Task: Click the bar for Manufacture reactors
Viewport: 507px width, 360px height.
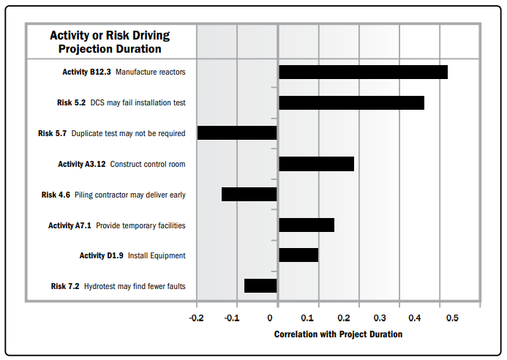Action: (363, 72)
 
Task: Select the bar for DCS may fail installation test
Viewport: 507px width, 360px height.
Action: (351, 102)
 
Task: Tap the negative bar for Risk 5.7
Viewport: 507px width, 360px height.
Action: (237, 133)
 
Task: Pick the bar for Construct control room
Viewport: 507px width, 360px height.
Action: (316, 164)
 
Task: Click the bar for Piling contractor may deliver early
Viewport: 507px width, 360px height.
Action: (249, 195)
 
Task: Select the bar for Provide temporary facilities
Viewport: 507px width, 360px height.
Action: (307, 225)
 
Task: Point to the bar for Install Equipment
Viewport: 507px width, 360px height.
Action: (298, 255)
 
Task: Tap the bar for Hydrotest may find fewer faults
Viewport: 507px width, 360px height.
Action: (260, 285)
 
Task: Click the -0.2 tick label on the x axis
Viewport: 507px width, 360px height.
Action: (196, 318)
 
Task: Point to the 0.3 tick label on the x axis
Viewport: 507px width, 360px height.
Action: (379, 318)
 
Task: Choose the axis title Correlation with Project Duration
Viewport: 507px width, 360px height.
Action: (338, 334)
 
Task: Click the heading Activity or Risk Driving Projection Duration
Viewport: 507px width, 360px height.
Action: (110, 42)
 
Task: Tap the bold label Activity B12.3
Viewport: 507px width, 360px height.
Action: (87, 72)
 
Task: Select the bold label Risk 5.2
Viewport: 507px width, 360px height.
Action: (71, 102)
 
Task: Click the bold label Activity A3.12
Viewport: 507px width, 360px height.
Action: (82, 164)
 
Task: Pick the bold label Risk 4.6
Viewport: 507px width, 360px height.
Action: (56, 195)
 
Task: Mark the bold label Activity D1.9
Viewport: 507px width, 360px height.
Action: (102, 255)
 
